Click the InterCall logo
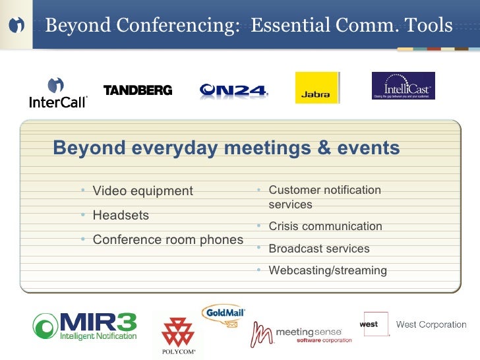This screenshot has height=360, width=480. pyautogui.click(x=58, y=93)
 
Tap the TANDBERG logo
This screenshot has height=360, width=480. pyautogui.click(x=138, y=90)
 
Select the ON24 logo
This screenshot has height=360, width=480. pyautogui.click(x=233, y=91)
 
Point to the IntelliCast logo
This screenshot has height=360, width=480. pyautogui.click(x=403, y=86)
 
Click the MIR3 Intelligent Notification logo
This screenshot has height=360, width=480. pyautogui.click(x=85, y=326)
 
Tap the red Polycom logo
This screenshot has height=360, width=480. pyautogui.click(x=179, y=333)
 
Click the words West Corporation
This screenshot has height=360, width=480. pyautogui.click(x=431, y=324)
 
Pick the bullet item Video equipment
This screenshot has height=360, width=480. pyautogui.click(x=142, y=191)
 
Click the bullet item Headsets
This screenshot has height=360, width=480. pyautogui.click(x=121, y=215)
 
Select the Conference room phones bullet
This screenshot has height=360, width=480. pyautogui.click(x=167, y=239)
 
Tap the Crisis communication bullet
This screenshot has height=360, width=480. pyautogui.click(x=325, y=226)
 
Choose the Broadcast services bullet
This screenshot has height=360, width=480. pyautogui.click(x=318, y=249)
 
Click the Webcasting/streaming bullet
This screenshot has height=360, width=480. pyautogui.click(x=328, y=270)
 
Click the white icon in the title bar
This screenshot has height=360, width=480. pyautogui.click(x=17, y=25)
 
